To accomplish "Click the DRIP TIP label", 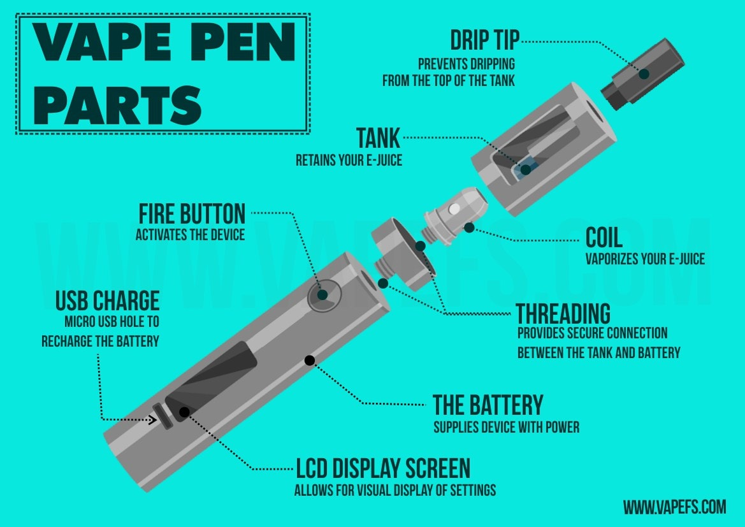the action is tap(484, 40).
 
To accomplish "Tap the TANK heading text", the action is tap(378, 138).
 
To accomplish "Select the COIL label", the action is tap(604, 237).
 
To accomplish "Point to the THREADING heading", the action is tap(563, 314).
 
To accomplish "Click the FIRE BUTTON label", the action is tap(192, 214).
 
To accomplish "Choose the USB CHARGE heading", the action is tap(107, 300).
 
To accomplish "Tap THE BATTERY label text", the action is tap(488, 405).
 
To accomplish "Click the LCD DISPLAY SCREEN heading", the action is tap(383, 468).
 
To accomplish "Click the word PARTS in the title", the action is tap(117, 105).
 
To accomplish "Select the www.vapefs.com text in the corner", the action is tap(675, 507).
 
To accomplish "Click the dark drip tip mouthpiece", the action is tap(643, 74).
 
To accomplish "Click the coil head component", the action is tap(455, 216).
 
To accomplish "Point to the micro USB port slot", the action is tap(163, 416).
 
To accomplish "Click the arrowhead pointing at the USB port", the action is tap(152, 419).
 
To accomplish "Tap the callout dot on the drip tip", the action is tap(644, 74).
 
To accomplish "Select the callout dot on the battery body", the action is tap(309, 361).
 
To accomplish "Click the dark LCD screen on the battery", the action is tap(211, 381).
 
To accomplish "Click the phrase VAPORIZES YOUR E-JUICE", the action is tap(645, 259).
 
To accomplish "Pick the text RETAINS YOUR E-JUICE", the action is tap(349, 160).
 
